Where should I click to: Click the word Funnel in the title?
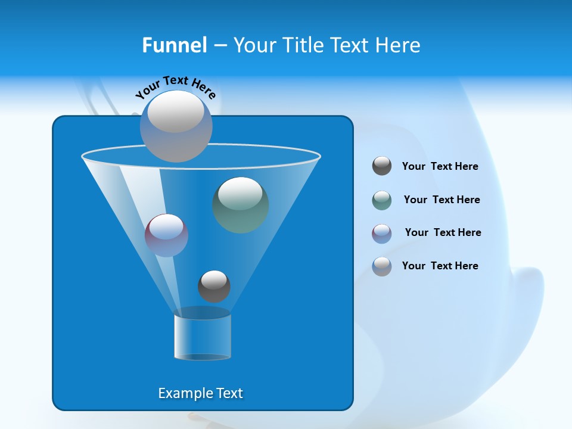(174, 45)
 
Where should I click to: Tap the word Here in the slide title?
(398, 45)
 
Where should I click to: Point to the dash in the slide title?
(220, 46)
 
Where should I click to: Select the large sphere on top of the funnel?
(176, 126)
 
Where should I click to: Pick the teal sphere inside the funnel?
(241, 204)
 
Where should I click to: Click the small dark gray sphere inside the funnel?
(214, 286)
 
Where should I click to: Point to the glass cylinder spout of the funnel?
(203, 335)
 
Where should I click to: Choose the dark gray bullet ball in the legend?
(382, 166)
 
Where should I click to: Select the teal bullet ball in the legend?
(382, 200)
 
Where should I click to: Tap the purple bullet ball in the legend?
(382, 234)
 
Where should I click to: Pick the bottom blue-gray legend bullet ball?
(382, 266)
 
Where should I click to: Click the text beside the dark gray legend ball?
(440, 166)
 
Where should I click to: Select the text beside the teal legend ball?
(442, 200)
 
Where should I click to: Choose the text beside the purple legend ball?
(443, 232)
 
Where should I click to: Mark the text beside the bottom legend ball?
(440, 266)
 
